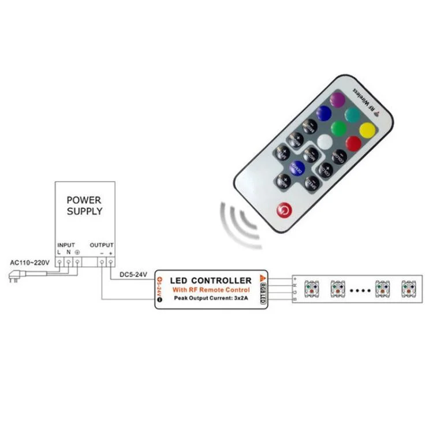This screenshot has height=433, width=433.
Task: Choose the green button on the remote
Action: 339,128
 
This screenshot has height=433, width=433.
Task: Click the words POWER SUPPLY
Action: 84,206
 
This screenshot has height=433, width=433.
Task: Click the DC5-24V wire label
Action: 134,274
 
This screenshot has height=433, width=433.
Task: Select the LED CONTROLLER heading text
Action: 210,281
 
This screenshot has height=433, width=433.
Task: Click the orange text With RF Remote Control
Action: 210,289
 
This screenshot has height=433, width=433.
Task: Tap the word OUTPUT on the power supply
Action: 102,245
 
